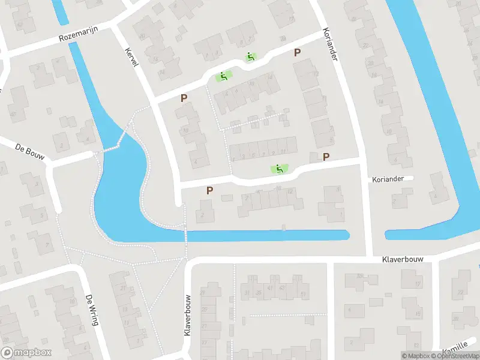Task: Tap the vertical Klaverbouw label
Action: [x=188, y=315]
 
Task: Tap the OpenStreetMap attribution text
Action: [x=454, y=356]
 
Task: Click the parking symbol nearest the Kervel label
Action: [x=184, y=98]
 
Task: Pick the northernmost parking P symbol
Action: [x=297, y=53]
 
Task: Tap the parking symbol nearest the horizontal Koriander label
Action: [x=326, y=157]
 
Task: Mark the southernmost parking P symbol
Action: [x=209, y=190]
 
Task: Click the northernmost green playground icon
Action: [x=251, y=57]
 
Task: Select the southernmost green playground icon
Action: [x=278, y=169]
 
